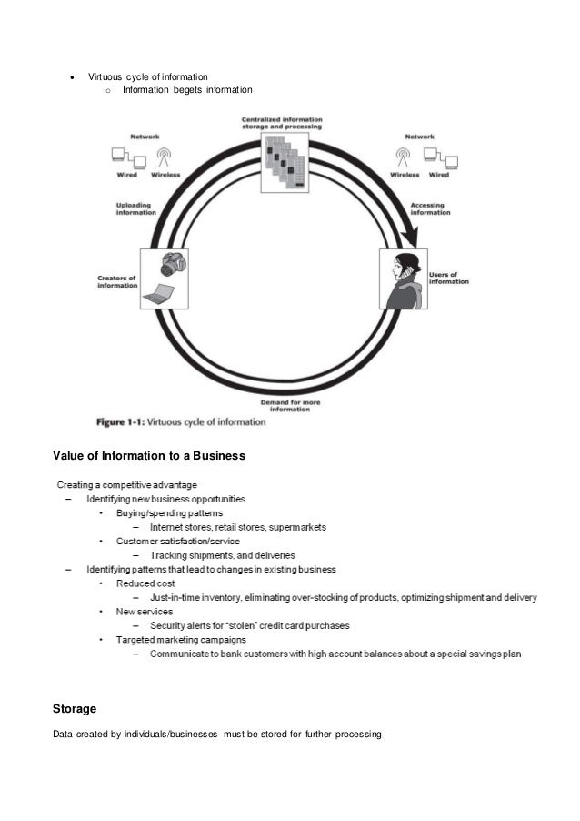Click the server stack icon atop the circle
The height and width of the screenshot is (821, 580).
[x=285, y=161]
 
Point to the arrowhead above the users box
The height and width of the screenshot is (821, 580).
[x=411, y=237]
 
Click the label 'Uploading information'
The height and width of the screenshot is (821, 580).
[x=135, y=208]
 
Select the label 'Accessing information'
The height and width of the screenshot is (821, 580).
[x=430, y=208]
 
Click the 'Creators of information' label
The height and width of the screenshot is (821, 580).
[x=116, y=281]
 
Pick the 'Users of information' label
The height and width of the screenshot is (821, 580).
[x=448, y=278]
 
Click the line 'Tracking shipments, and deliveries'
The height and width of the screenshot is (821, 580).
[x=222, y=554]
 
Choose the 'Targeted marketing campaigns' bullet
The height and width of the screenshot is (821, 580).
[x=181, y=640]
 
